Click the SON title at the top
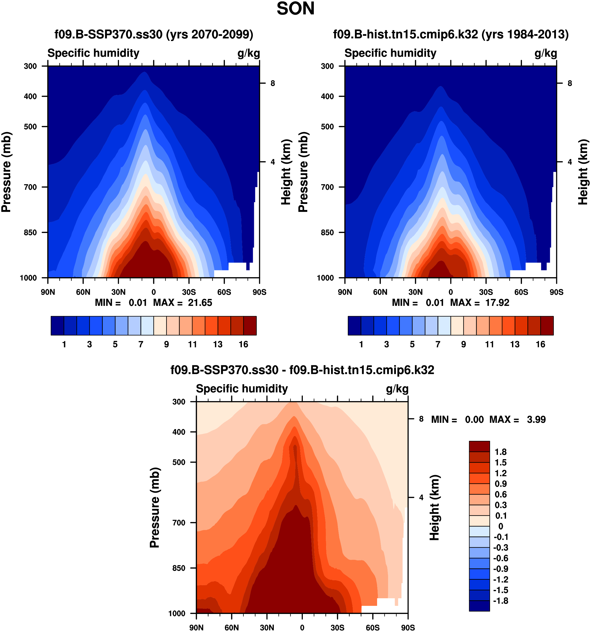point(295,9)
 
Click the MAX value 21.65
point(200,303)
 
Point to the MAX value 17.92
point(497,303)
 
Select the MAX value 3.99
point(536,420)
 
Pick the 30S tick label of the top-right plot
point(486,292)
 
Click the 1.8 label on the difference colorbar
point(501,452)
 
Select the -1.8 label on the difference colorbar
point(501,601)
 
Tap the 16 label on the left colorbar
point(243,344)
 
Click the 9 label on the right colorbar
point(464,344)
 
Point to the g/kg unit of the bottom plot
point(397,389)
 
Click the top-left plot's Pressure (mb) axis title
point(6,172)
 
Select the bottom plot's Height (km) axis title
point(434,508)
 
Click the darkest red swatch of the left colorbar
point(250,326)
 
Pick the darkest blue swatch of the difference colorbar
point(479,606)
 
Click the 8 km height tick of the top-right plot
point(569,83)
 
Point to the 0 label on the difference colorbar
point(501,526)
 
